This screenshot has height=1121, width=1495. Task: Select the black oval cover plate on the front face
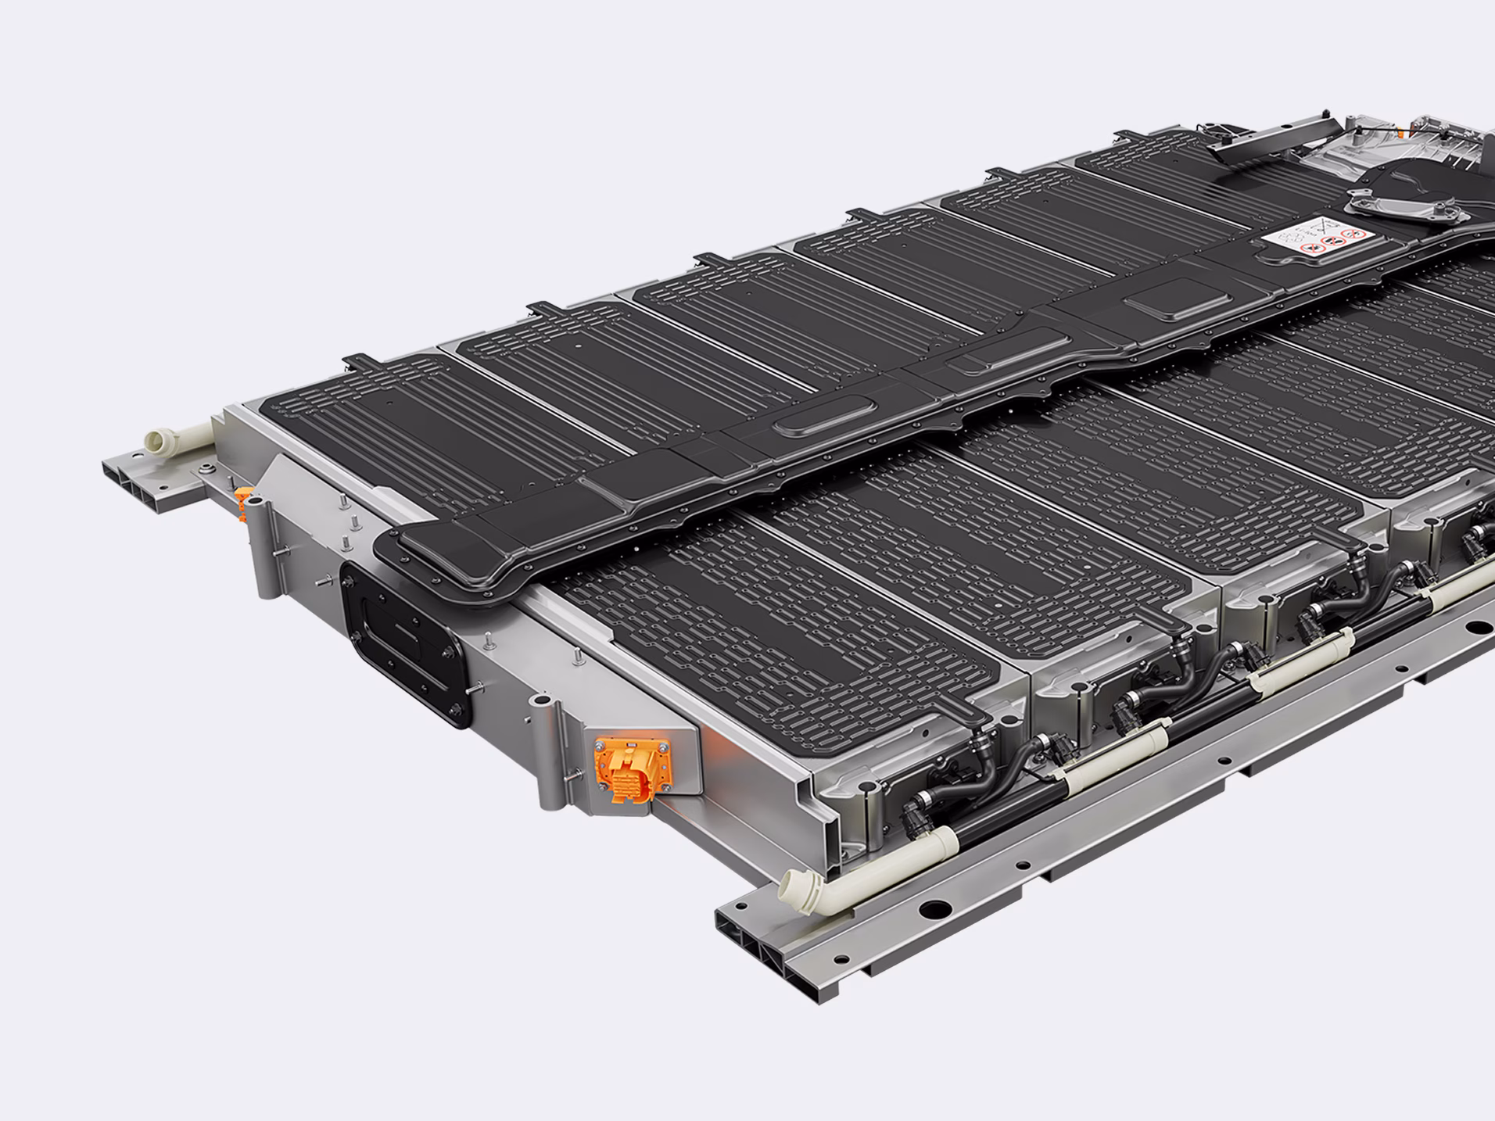(x=407, y=641)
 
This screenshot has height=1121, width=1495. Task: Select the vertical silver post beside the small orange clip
(x=261, y=547)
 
